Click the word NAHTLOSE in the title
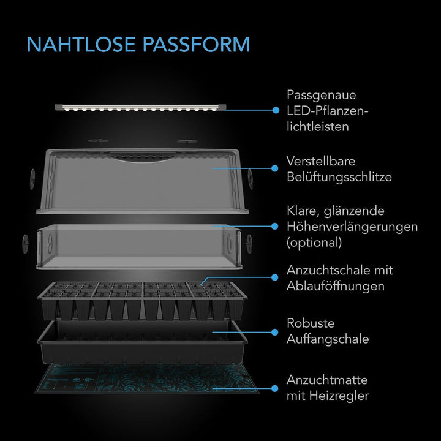81,45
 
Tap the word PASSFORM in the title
197,45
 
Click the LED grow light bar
140,108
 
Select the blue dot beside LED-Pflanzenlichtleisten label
276,110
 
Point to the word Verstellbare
320,162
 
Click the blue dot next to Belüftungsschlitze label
275,168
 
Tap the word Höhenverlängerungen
352,227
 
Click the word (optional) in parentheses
314,243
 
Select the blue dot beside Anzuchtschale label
275,277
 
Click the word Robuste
311,323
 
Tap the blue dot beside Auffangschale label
275,332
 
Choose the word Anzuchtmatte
327,380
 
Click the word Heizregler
339,396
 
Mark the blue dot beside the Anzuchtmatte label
275,389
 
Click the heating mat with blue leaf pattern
146,379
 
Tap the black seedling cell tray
142,301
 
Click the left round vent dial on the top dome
32,179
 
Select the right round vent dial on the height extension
249,244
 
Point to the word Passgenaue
321,96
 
